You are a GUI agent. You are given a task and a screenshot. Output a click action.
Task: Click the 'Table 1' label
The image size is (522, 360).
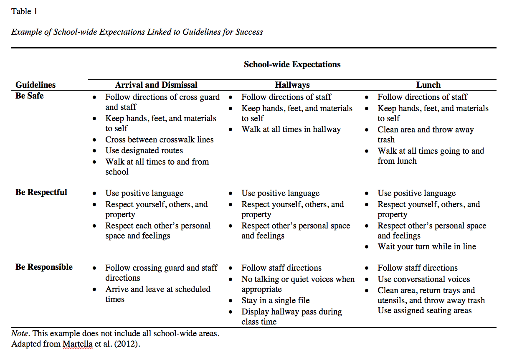(x=24, y=12)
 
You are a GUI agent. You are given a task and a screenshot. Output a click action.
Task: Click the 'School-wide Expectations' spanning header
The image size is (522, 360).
(x=292, y=64)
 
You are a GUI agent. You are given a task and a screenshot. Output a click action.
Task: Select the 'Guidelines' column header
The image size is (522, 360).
(x=35, y=85)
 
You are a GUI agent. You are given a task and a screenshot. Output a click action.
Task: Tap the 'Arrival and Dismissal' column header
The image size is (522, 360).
(x=156, y=85)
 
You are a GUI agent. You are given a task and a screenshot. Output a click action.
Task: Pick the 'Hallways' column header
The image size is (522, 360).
(x=292, y=85)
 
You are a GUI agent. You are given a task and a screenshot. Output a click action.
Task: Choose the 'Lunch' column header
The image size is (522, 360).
(x=428, y=85)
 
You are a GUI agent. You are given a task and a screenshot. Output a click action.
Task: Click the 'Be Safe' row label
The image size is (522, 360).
(x=29, y=96)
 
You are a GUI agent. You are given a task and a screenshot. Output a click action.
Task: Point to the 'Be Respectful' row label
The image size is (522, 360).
(x=41, y=193)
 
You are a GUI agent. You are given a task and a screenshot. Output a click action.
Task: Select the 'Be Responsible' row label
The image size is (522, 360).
(x=44, y=267)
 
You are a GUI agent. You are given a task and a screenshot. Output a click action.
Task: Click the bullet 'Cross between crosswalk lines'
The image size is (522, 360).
(x=159, y=140)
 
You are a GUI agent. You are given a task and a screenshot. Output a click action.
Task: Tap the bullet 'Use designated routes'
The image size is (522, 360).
(x=144, y=151)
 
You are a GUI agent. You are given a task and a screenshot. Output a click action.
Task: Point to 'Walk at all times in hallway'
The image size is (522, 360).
(x=291, y=129)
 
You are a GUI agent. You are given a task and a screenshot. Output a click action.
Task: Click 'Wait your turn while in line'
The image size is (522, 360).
(x=426, y=247)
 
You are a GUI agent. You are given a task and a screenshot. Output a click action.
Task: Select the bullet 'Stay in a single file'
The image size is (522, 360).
(x=275, y=301)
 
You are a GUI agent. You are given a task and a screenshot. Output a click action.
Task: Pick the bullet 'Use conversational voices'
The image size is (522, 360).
(x=423, y=279)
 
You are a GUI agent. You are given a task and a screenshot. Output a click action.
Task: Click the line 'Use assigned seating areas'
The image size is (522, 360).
(x=424, y=311)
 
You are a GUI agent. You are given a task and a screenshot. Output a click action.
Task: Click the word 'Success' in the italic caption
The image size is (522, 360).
(x=249, y=32)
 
